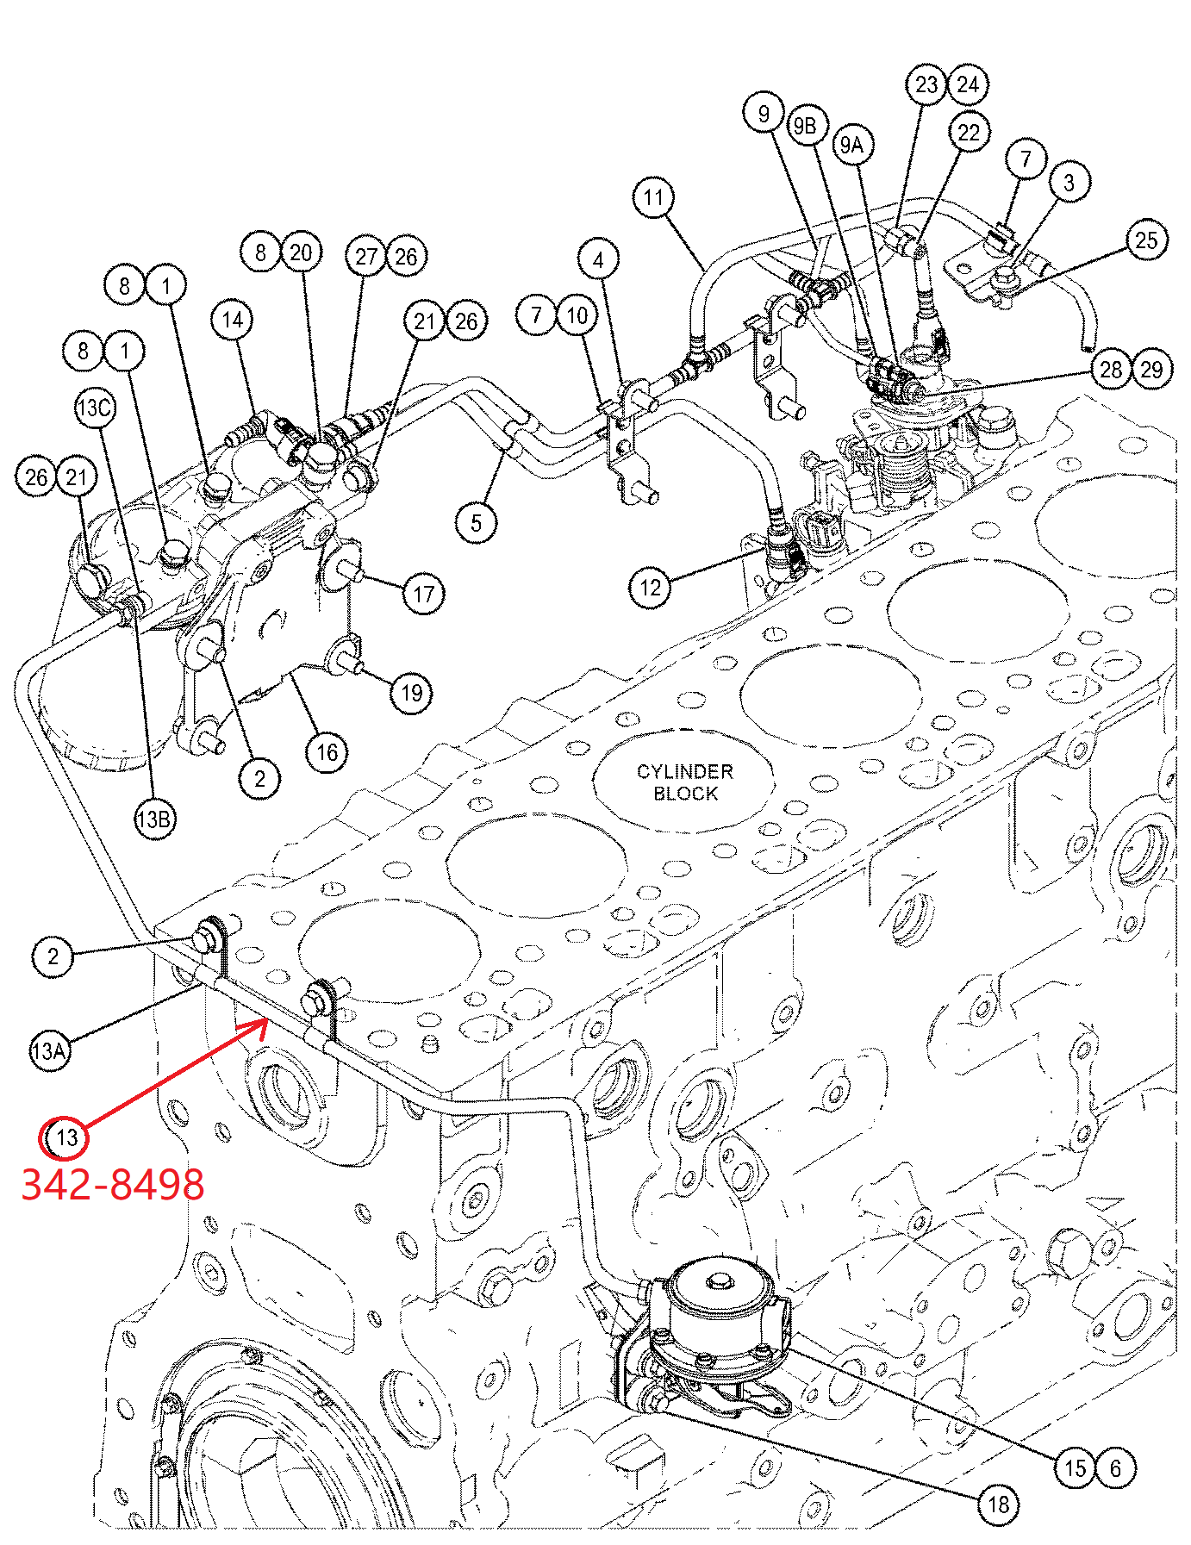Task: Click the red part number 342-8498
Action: tap(113, 1185)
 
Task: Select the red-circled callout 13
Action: tap(65, 1137)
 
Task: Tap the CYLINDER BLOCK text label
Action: tap(685, 782)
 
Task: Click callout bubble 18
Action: tap(998, 1505)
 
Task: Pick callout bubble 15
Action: tap(1076, 1467)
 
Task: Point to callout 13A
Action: tap(49, 1050)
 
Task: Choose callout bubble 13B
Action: tap(155, 819)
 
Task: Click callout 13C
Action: tap(95, 408)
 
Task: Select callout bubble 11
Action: tap(654, 198)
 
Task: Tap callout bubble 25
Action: tap(1146, 240)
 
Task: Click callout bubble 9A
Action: tap(852, 145)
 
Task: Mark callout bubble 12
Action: tap(651, 589)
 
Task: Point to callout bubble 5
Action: tap(477, 523)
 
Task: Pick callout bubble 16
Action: tap(327, 752)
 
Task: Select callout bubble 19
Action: tap(411, 693)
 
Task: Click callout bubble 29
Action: tap(1151, 370)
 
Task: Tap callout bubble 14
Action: tap(232, 321)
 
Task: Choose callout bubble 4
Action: tap(599, 259)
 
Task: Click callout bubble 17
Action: tap(424, 594)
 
